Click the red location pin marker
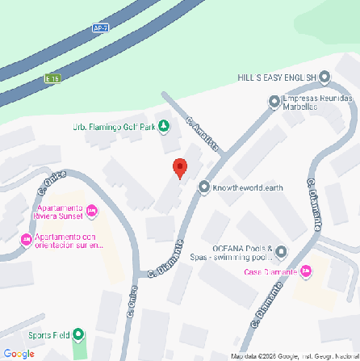[x=180, y=166]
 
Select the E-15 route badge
[x=52, y=78]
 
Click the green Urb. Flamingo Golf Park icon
[x=164, y=126]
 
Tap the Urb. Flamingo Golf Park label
[x=114, y=127]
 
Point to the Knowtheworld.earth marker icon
[x=204, y=187]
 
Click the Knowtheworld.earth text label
[x=248, y=188]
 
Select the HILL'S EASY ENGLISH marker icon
[x=324, y=77]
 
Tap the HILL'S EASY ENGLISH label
[x=276, y=78]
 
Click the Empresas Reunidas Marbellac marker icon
[x=274, y=102]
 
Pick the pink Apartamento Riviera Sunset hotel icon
[x=91, y=212]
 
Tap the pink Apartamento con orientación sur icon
[x=26, y=240]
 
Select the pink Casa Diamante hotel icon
[x=305, y=271]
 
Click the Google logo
[x=19, y=353]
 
